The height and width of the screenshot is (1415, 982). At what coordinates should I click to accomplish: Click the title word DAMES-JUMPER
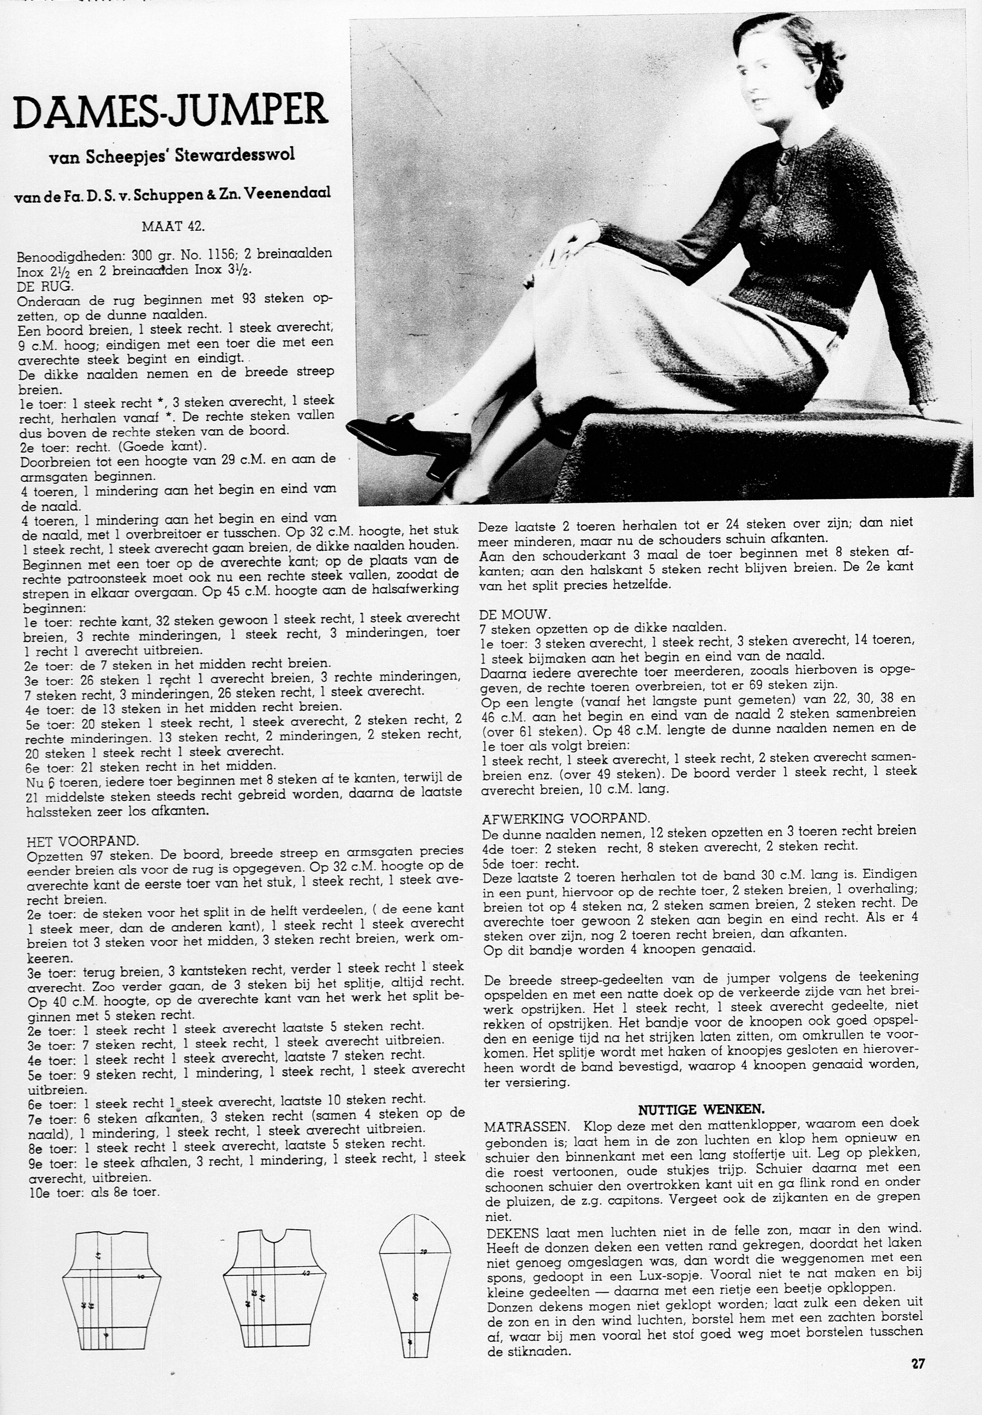[170, 110]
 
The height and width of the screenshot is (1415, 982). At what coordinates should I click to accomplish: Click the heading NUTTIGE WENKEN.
[701, 1109]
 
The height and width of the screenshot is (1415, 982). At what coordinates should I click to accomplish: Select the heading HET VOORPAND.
[83, 840]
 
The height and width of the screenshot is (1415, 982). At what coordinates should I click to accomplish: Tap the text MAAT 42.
[173, 226]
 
